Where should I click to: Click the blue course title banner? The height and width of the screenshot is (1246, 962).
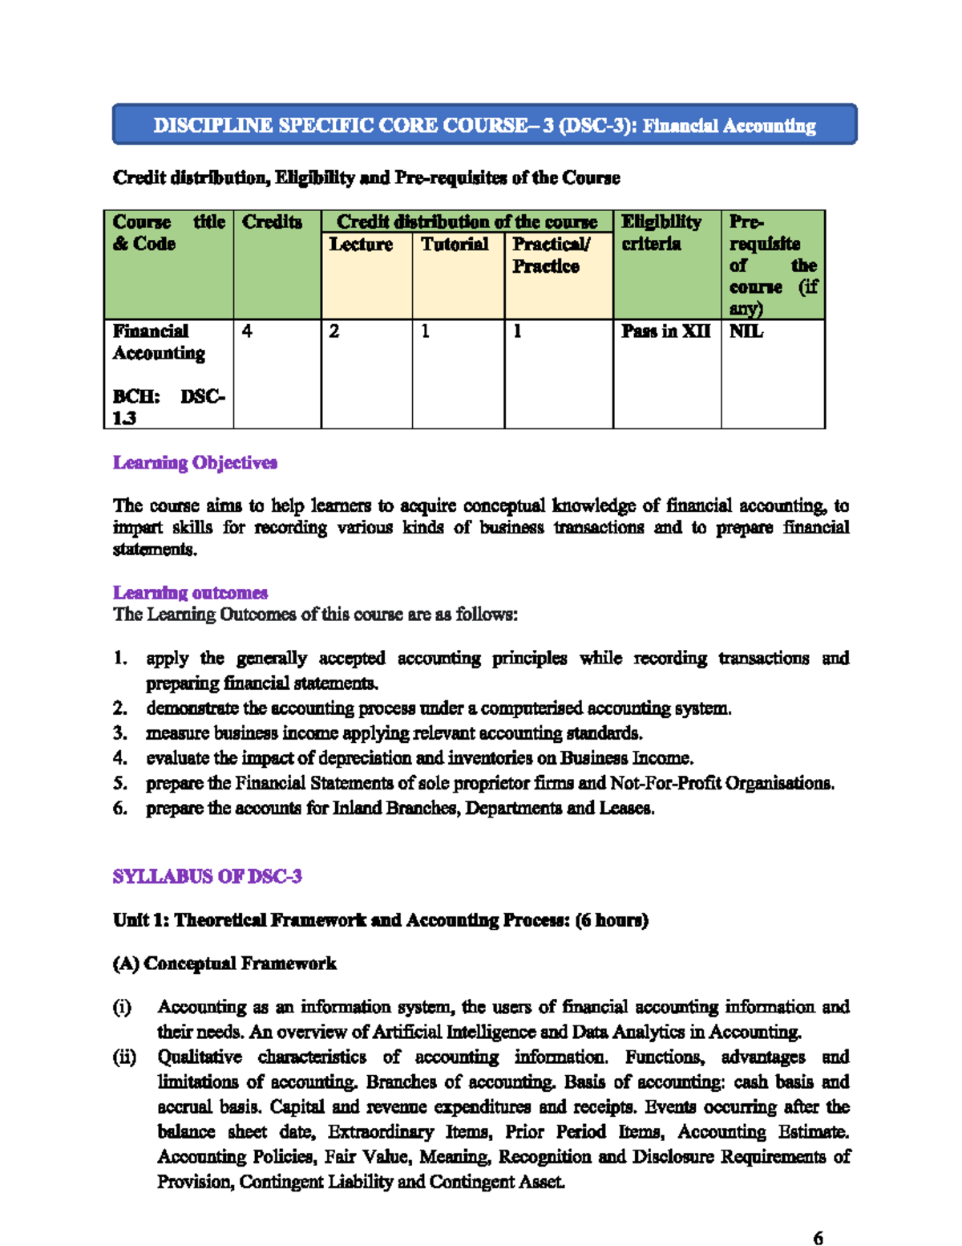484,125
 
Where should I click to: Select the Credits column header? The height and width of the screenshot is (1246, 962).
272,222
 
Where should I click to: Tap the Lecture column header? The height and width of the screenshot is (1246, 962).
361,245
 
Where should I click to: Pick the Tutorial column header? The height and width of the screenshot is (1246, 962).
455,245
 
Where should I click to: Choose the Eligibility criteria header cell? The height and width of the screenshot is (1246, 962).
661,233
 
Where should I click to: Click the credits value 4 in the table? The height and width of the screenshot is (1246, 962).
247,331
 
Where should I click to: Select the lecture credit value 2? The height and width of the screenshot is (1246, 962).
334,331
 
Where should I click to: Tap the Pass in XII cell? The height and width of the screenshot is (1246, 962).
665,331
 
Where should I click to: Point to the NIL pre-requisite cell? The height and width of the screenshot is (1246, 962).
746,331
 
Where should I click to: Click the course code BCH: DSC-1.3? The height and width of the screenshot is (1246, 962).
168,408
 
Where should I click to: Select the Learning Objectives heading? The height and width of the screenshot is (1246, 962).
195,463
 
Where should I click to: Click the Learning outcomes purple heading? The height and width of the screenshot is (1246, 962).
190,593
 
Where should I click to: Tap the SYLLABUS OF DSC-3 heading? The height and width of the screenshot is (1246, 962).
207,876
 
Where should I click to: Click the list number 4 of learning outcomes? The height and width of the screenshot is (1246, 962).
119,758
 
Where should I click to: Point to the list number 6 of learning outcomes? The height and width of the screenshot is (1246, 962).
119,808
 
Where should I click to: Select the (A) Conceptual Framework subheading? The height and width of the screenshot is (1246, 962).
224,964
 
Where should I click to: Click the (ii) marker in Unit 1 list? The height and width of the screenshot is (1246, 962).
124,1057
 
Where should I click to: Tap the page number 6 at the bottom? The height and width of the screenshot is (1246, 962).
818,1238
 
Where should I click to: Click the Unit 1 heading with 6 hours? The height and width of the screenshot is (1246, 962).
381,920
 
